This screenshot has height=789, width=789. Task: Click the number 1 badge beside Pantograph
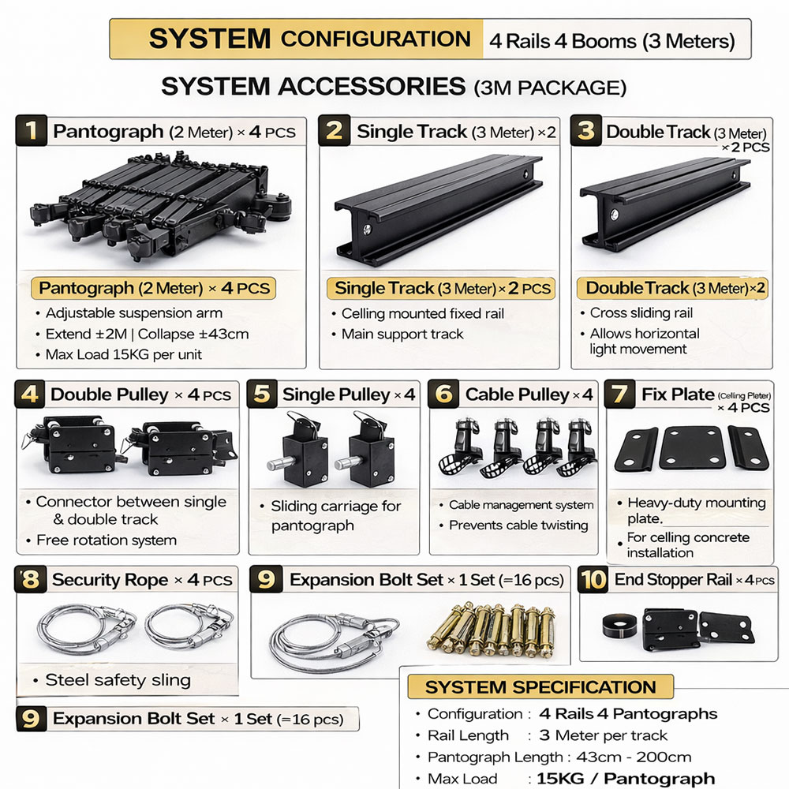point(32,131)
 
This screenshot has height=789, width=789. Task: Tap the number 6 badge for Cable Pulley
point(445,394)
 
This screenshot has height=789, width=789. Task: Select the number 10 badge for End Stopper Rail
point(593,580)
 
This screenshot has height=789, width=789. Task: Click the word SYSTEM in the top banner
point(210,38)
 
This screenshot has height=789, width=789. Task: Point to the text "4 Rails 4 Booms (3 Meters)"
point(611,40)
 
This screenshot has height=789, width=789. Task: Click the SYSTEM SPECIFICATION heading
point(540,686)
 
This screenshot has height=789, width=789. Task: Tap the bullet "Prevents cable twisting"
point(518,525)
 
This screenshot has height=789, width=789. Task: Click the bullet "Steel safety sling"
point(117,680)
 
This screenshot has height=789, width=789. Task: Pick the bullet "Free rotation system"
point(106,540)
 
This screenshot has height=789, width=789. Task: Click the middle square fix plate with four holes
point(691,447)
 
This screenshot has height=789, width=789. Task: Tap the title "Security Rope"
point(110,580)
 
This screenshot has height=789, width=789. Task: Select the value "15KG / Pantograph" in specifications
point(626,779)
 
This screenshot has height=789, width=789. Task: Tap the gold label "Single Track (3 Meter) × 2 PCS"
point(439,288)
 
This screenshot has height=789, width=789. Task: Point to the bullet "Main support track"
point(402,334)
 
